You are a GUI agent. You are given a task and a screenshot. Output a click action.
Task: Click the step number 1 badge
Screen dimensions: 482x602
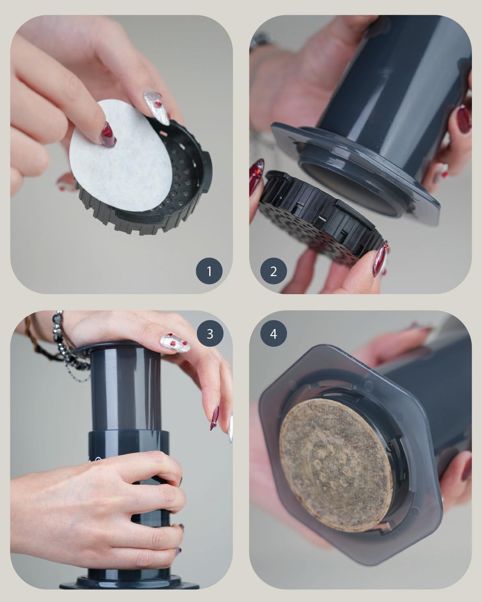[x=209, y=271]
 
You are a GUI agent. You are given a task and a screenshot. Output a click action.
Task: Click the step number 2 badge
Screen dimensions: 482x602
[x=274, y=271]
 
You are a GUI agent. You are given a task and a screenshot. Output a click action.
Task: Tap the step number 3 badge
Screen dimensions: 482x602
[x=210, y=334]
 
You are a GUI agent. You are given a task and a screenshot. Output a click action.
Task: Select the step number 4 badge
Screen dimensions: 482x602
[x=274, y=334]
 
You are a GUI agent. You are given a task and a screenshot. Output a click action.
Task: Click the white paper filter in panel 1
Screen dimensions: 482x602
[x=120, y=157]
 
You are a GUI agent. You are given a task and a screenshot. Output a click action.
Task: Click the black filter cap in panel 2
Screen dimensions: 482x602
[x=319, y=221]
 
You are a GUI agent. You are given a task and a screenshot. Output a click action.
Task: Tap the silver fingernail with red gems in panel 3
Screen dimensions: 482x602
[x=175, y=343]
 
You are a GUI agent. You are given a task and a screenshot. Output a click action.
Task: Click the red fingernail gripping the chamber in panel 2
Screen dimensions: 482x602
[x=464, y=119]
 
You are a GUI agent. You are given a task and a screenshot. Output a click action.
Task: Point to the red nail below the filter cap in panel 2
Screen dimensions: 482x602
[x=380, y=259]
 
